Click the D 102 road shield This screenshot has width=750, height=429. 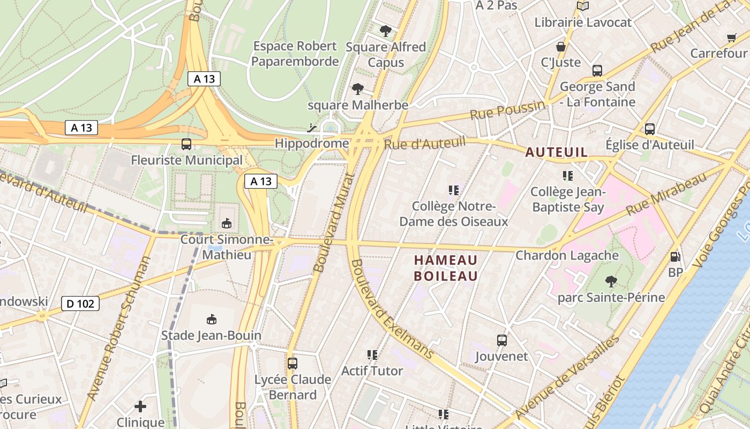81,304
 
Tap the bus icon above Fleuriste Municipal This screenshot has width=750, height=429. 186,144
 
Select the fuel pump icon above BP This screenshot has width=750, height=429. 676,257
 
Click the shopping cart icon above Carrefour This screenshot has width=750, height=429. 732,38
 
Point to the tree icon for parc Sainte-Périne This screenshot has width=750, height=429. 611,281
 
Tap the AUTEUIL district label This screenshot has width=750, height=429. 557,152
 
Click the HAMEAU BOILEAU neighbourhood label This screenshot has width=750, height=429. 446,268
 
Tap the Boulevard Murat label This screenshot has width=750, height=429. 334,223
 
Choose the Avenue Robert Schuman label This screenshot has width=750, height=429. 118,328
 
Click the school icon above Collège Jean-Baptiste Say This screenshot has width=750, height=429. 568,175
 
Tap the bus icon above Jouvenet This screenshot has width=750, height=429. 502,340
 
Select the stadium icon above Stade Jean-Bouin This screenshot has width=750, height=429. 212,320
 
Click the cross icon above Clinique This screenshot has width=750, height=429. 140,406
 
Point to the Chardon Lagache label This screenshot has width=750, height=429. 567,255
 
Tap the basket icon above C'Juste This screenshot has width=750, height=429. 561,47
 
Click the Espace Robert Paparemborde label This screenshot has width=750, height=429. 295,54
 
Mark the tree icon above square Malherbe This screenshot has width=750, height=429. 358,89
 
